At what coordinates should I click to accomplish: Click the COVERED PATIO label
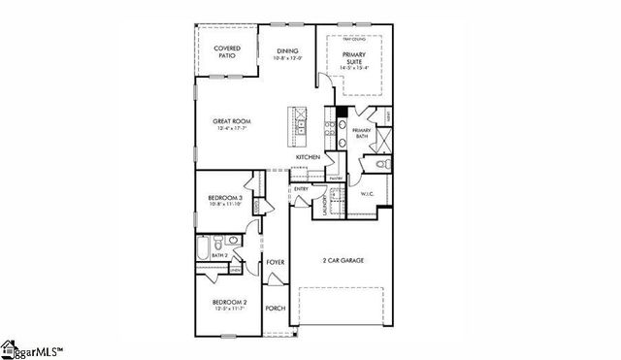[226, 50]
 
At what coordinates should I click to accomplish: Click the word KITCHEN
[309, 157]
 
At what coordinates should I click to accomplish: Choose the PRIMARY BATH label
[362, 133]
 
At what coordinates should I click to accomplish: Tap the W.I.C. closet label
[367, 193]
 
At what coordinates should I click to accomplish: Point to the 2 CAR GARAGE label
[343, 261]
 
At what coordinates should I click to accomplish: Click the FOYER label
[276, 262]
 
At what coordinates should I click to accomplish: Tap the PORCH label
[276, 309]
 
